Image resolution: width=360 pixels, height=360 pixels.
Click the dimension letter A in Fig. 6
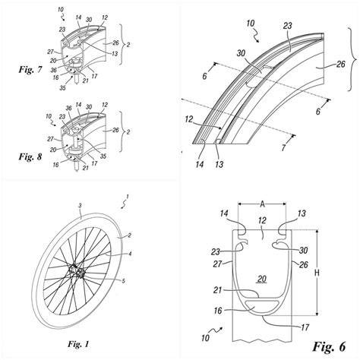click(261, 203)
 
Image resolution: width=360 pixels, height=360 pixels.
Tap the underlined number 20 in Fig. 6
click(262, 279)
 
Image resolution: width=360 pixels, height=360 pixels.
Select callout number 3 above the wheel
click(80, 205)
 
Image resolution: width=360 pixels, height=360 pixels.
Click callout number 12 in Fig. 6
click(262, 219)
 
